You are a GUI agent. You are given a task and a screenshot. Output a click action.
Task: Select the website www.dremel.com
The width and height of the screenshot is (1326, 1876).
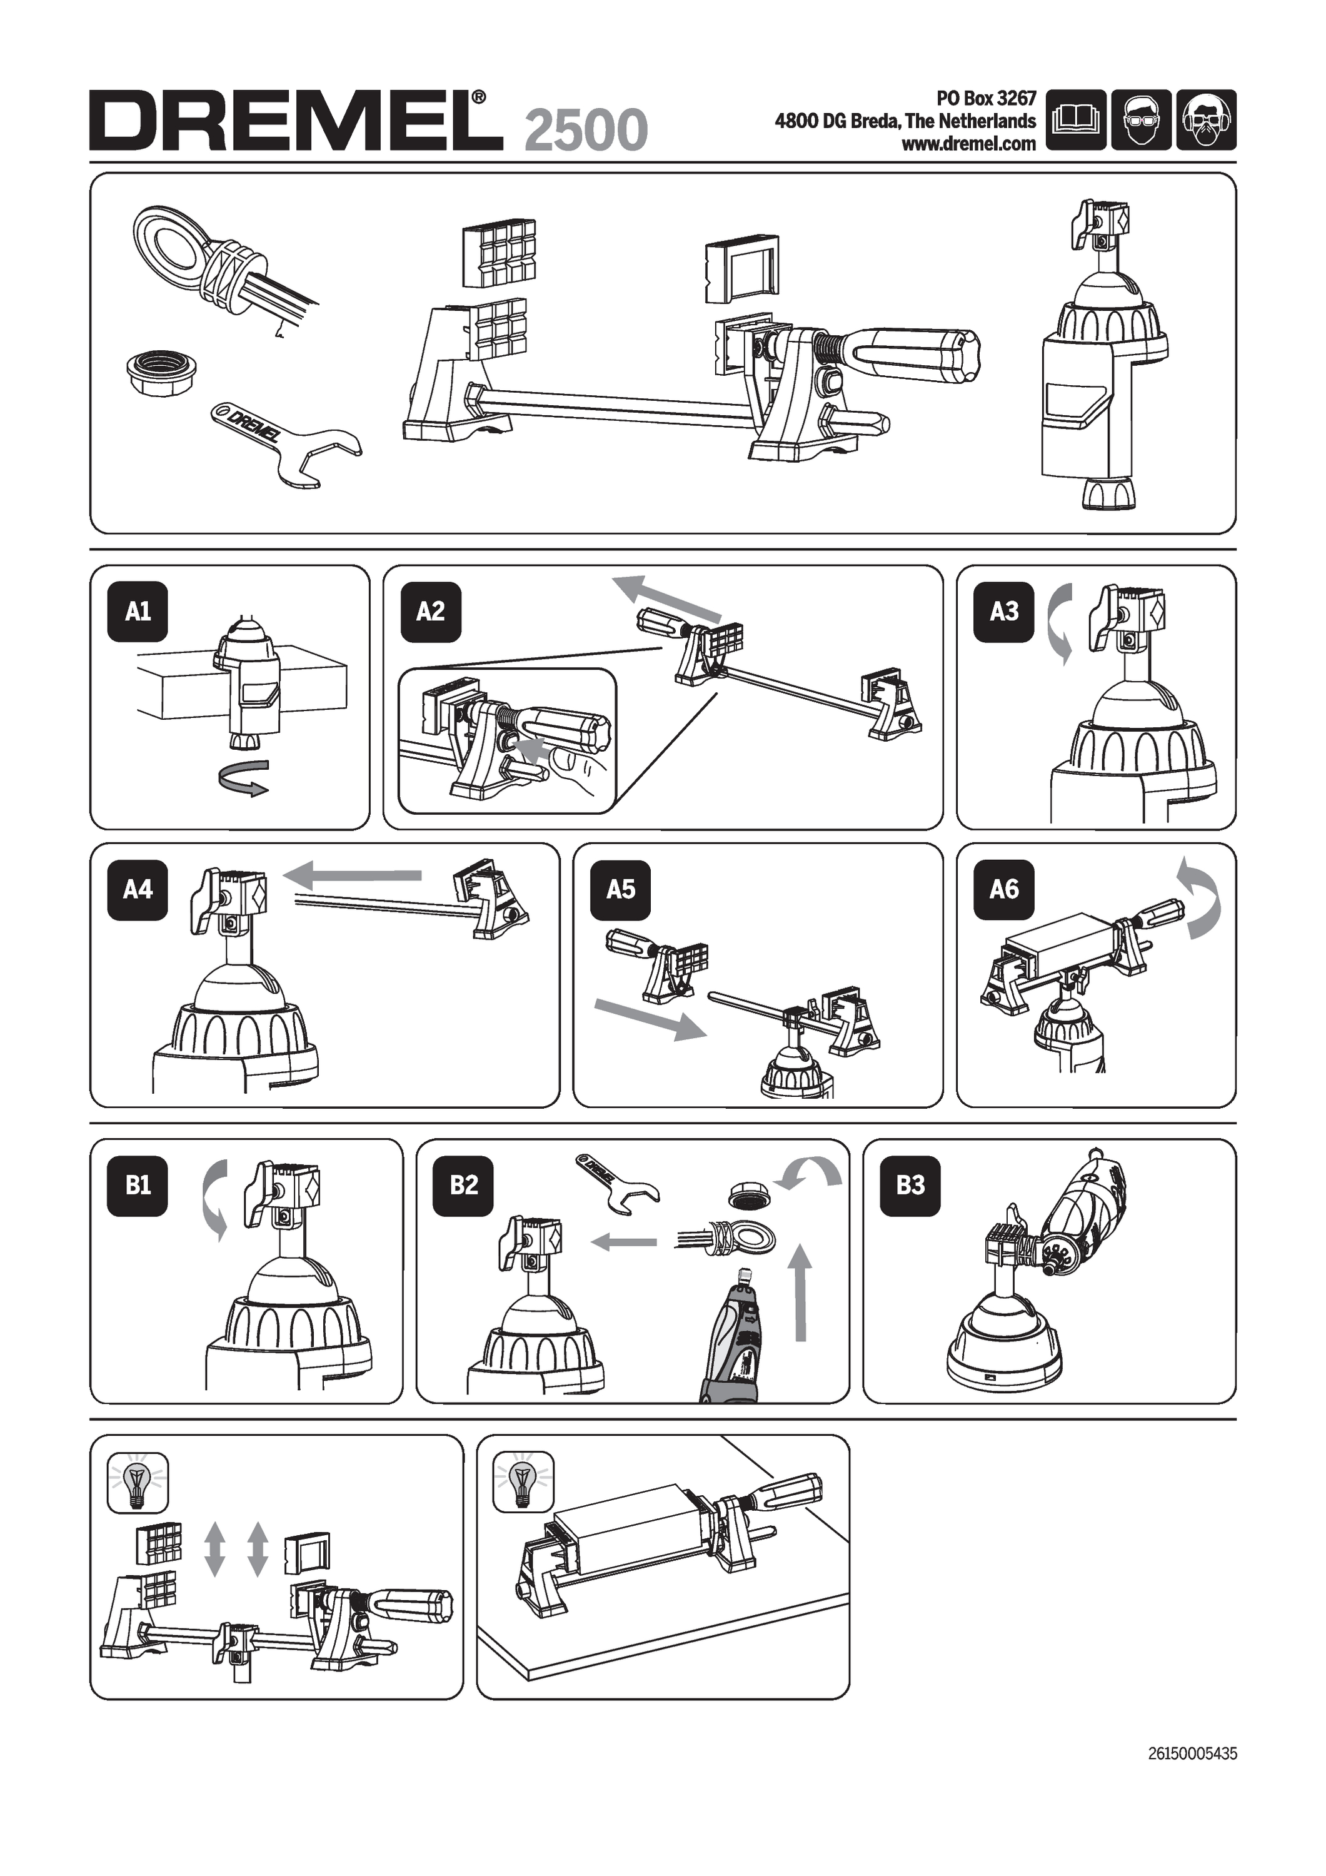coord(968,144)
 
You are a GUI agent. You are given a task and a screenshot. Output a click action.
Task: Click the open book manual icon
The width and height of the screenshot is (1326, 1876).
coord(1075,120)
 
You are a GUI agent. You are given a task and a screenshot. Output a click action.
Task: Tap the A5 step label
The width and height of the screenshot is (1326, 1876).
coord(621,889)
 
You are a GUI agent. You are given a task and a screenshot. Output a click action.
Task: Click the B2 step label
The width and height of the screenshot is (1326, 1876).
coord(464,1186)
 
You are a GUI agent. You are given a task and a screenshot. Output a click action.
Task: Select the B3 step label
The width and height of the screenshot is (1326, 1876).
coord(910,1186)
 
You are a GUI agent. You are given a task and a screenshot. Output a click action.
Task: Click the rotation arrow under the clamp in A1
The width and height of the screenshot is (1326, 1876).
coord(243,776)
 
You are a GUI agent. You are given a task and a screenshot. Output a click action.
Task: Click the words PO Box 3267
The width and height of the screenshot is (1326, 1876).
coord(986,99)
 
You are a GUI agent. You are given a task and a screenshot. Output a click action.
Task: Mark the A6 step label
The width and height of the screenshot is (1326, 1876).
coord(1004,889)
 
